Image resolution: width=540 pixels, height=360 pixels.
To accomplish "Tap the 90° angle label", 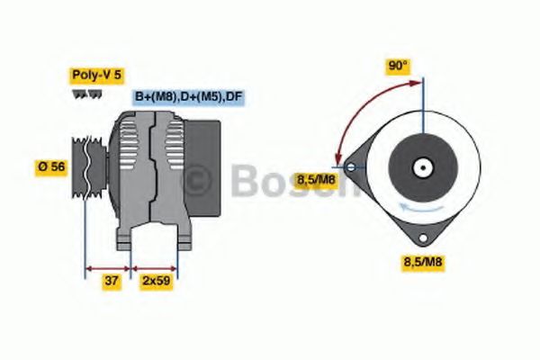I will point(398,66).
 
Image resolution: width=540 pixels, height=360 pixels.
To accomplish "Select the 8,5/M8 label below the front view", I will point(421,263).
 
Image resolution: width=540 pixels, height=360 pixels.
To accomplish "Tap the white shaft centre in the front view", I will point(420,167).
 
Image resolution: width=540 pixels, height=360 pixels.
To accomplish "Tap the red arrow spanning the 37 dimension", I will point(107,267).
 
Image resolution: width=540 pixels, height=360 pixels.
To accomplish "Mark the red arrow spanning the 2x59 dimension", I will point(155,267).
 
